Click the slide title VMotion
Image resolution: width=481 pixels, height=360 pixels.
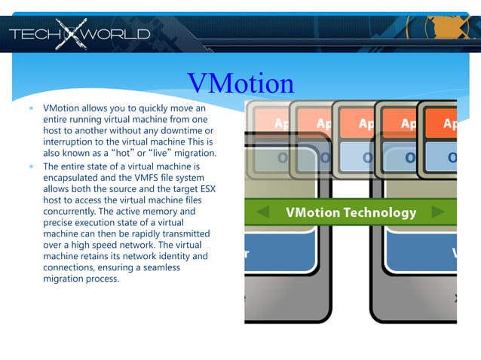click(x=240, y=84)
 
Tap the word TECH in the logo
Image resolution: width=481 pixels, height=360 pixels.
click(x=32, y=34)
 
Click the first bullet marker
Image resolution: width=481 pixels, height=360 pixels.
click(x=32, y=108)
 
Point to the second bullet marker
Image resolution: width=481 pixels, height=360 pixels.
click(x=32, y=166)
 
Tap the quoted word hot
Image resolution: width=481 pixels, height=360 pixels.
click(x=121, y=153)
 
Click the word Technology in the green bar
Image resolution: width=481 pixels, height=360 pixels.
click(x=380, y=212)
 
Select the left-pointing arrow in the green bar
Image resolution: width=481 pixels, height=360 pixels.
click(x=263, y=212)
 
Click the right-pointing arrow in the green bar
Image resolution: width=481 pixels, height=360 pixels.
click(x=438, y=212)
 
